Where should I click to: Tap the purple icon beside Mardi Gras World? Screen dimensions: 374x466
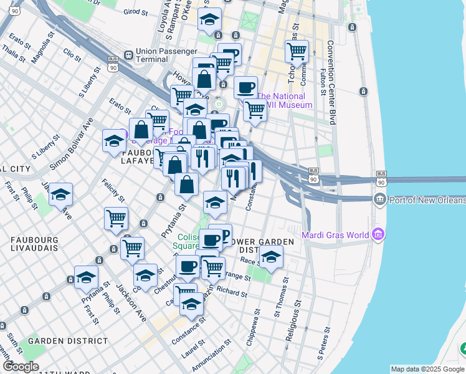(x=378, y=234)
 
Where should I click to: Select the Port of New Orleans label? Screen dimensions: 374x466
(x=427, y=200)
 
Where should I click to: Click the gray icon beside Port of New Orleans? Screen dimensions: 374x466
(x=379, y=199)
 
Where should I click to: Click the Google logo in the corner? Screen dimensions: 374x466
(x=20, y=367)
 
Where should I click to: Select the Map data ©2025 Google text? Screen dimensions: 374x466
(x=428, y=369)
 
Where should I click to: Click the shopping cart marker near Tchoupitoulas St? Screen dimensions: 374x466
(x=297, y=50)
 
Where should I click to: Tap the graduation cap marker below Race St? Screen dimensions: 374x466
(x=271, y=256)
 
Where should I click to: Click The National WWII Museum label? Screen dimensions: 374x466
(x=283, y=100)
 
